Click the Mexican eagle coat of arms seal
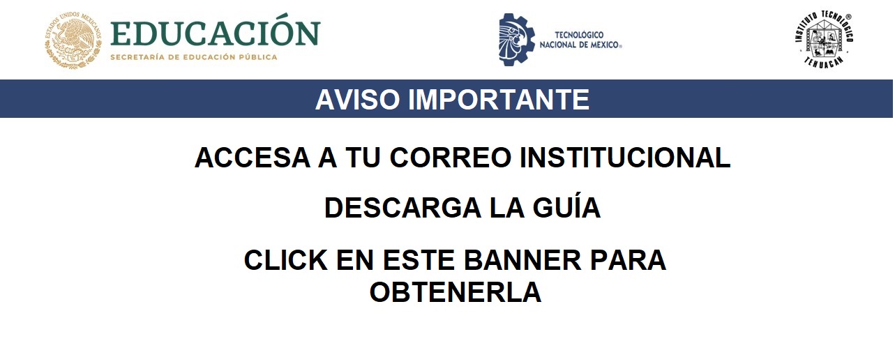point(73,40)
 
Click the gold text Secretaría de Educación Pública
point(194,57)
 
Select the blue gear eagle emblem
point(517,40)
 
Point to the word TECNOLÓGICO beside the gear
point(579,35)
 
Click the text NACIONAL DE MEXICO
point(580,45)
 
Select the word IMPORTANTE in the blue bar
point(499,99)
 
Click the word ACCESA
point(253,158)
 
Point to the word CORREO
point(451,158)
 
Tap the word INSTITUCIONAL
point(625,158)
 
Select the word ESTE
point(419,260)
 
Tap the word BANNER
point(522,260)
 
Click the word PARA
point(628,260)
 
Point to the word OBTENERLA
point(456,292)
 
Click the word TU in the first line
point(363,158)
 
